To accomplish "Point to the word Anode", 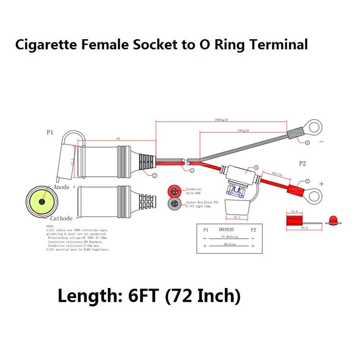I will pos(61,187).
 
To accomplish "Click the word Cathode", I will pos(61,218).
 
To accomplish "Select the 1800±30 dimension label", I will pos(221,120).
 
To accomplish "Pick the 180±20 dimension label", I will pos(243,130).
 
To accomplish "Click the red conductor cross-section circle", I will pos(175,190).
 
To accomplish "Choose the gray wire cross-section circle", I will pos(175,204).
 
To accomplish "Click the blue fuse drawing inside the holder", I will pos(238,191).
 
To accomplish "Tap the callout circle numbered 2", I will pos(154,175).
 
